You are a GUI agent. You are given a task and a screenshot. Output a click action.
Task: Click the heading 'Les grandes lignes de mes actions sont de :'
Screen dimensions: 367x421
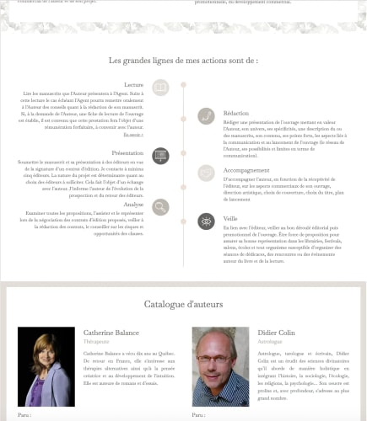(x=183, y=61)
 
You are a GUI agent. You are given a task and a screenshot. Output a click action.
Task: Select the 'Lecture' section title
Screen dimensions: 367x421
(x=133, y=85)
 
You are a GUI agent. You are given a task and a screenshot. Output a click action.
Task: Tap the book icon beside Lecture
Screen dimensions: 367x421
(x=160, y=87)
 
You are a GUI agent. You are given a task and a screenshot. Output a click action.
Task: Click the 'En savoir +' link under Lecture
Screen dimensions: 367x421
(x=133, y=134)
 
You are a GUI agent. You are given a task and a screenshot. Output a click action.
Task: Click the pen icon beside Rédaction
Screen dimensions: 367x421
(x=206, y=116)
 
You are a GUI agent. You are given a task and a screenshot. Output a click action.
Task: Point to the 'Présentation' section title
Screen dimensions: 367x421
(x=127, y=153)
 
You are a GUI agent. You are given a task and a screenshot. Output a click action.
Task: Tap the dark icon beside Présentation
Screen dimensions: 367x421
(x=160, y=156)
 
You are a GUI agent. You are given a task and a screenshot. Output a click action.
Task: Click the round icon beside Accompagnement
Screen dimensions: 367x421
(x=206, y=173)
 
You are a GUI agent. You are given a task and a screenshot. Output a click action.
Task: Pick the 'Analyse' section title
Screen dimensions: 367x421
(x=133, y=204)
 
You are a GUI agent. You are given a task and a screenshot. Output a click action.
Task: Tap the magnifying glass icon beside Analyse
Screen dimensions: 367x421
(x=160, y=206)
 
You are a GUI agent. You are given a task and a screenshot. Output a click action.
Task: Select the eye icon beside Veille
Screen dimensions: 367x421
(x=206, y=221)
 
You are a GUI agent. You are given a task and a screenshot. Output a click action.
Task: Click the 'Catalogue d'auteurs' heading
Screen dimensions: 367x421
(x=183, y=304)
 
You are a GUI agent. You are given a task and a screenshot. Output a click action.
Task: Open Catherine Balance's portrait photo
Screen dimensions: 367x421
(x=46, y=365)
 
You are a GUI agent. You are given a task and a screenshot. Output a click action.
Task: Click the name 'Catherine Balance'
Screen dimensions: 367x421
(x=111, y=333)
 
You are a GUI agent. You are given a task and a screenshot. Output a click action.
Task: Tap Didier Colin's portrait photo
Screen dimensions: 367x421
(x=220, y=365)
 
